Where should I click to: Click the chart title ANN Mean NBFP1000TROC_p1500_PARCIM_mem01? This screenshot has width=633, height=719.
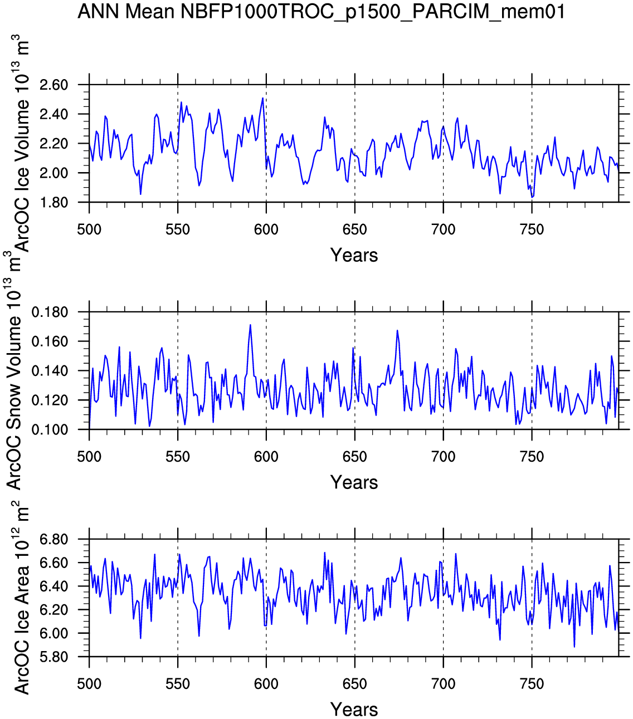click(320, 12)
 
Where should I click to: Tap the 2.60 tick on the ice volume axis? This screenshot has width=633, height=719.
click(53, 85)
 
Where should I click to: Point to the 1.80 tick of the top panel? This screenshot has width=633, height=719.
click(53, 202)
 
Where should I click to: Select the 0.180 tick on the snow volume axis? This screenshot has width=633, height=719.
click(50, 312)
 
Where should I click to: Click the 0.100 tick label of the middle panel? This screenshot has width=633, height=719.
click(50, 430)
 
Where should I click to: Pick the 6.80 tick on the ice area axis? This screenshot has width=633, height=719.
click(53, 540)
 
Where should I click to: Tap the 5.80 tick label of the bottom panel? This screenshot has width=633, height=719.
click(53, 657)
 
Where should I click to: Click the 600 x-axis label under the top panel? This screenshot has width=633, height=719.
click(266, 229)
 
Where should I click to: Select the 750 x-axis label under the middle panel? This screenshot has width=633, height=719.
click(532, 457)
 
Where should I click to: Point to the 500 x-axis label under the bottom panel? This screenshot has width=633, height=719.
click(89, 684)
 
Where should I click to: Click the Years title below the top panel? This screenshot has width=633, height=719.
click(354, 255)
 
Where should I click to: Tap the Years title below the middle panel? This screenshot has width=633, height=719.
click(354, 482)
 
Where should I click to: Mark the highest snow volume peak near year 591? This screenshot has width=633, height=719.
click(250, 325)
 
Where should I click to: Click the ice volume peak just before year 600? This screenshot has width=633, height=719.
click(262, 98)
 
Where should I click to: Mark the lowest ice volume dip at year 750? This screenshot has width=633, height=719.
click(532, 197)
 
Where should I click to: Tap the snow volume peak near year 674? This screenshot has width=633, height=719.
click(397, 330)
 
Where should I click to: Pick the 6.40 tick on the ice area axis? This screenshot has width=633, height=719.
click(53, 586)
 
